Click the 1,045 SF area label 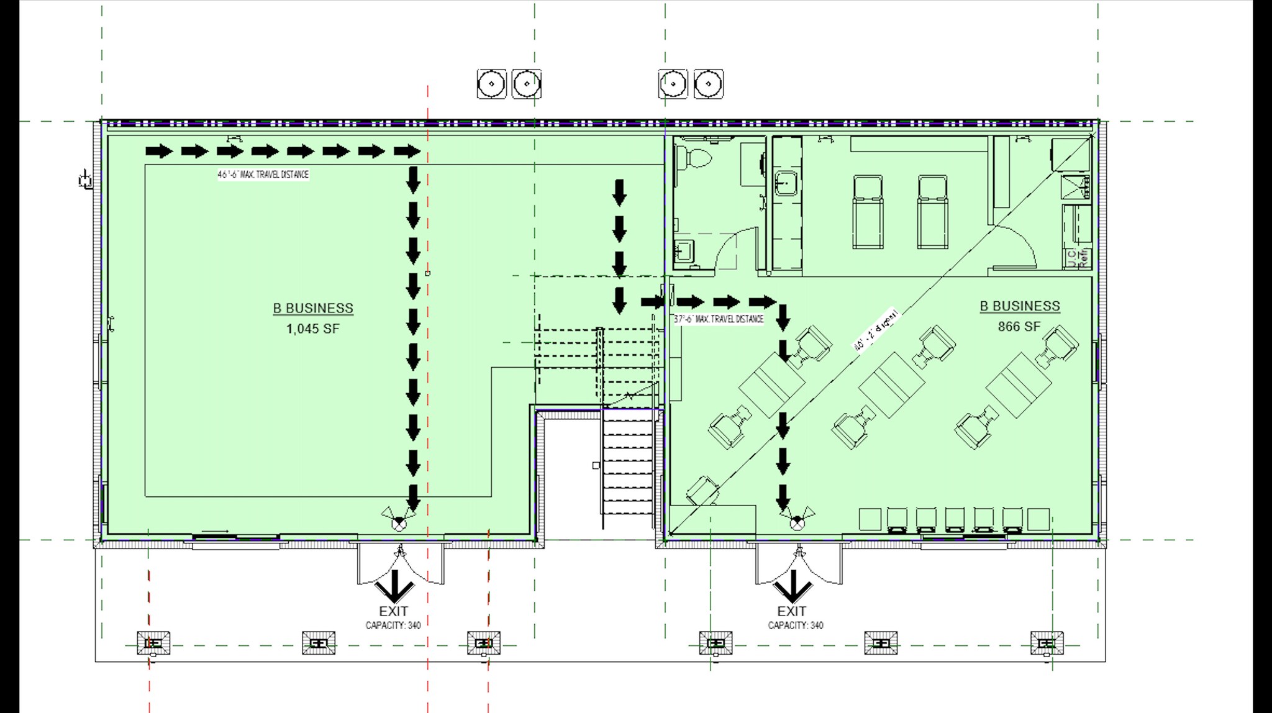[312, 329]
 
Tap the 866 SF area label [1019, 327]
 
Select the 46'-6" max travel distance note [263, 175]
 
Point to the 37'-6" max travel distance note [719, 319]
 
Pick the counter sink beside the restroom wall [786, 183]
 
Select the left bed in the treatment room [867, 212]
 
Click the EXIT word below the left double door [393, 611]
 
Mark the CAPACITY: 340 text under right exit [795, 625]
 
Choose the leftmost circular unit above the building [491, 84]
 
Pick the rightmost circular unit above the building [708, 84]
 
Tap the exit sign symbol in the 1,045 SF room [399, 520]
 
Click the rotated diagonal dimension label [876, 330]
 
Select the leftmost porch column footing [153, 643]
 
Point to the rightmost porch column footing [1047, 643]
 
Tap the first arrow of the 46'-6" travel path [159, 151]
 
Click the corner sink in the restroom [684, 250]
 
